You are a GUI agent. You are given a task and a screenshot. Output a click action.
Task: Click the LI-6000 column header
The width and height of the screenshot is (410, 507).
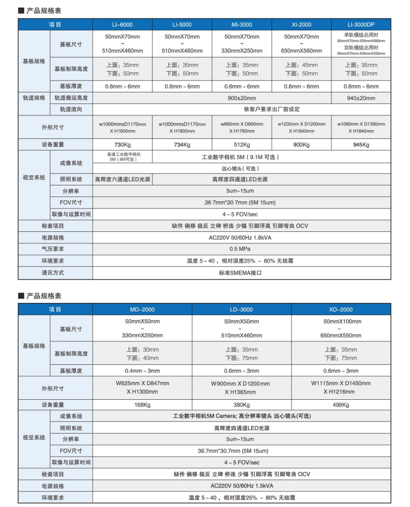point(122,24)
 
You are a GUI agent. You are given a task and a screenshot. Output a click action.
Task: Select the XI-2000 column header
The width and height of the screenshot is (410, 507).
point(301,24)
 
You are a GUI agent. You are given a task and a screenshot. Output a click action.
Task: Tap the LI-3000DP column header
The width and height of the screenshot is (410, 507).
point(361,24)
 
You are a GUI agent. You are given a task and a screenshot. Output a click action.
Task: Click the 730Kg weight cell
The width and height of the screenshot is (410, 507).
point(122,145)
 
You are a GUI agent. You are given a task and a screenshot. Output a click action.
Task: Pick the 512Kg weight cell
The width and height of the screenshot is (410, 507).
point(241,145)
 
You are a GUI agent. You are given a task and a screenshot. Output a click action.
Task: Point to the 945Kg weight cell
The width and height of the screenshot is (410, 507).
point(361,145)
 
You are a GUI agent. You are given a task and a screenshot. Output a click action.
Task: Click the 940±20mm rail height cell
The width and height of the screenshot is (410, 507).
point(361,98)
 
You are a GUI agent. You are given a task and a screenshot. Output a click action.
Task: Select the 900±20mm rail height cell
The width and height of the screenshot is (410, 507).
point(241,98)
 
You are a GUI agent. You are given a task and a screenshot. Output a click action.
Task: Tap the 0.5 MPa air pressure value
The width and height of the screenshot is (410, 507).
point(241,249)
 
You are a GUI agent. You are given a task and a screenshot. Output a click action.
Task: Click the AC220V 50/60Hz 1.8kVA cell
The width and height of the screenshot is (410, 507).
point(241,237)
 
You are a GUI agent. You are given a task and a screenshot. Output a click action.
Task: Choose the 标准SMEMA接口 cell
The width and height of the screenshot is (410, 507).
point(241,272)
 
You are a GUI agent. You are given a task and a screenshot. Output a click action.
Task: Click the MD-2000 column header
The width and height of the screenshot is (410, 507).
point(142,310)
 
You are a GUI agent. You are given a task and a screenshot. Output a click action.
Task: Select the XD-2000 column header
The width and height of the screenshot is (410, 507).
point(341,310)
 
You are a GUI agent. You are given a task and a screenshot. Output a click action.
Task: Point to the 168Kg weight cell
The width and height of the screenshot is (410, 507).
point(142,405)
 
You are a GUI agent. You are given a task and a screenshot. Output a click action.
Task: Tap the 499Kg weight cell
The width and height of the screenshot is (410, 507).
point(341,405)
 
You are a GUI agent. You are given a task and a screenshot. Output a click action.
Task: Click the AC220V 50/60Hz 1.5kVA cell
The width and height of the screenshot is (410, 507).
point(241,486)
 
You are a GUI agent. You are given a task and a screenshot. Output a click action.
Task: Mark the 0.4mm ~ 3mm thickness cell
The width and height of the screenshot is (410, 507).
point(142,371)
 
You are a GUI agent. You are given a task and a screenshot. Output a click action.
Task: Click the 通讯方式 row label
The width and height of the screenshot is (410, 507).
point(53,272)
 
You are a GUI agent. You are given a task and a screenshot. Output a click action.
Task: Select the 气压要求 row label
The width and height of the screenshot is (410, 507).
point(53,249)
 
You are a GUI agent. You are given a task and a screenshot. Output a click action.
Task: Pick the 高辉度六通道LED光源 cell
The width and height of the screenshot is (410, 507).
point(122,179)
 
